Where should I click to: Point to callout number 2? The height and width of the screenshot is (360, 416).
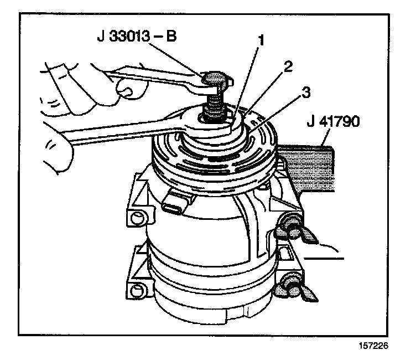pyautogui.click(x=286, y=67)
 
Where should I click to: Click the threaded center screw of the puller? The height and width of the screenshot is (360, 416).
pyautogui.click(x=215, y=106)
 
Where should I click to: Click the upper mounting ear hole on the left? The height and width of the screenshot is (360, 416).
pyautogui.click(x=134, y=217)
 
